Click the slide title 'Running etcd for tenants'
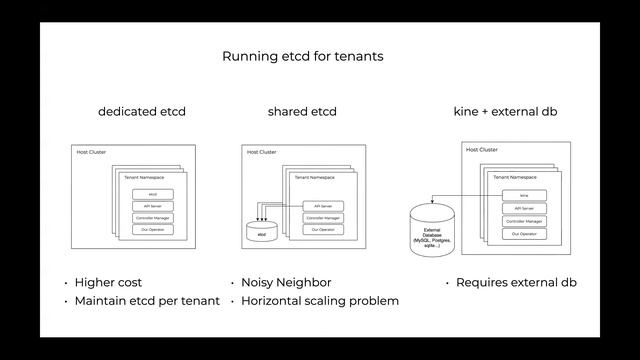(x=302, y=56)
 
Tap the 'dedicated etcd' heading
(x=141, y=111)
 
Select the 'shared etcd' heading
(x=302, y=111)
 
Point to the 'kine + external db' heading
(x=505, y=111)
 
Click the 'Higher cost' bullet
(x=108, y=283)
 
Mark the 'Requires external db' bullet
(x=516, y=283)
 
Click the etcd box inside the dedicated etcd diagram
(x=152, y=194)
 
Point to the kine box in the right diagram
(x=523, y=196)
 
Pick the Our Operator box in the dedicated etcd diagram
(x=152, y=230)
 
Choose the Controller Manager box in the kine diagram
(x=523, y=221)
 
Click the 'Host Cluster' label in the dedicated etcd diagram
(x=91, y=152)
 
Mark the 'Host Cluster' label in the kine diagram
(x=481, y=150)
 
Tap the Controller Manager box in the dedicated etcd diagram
(x=152, y=218)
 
